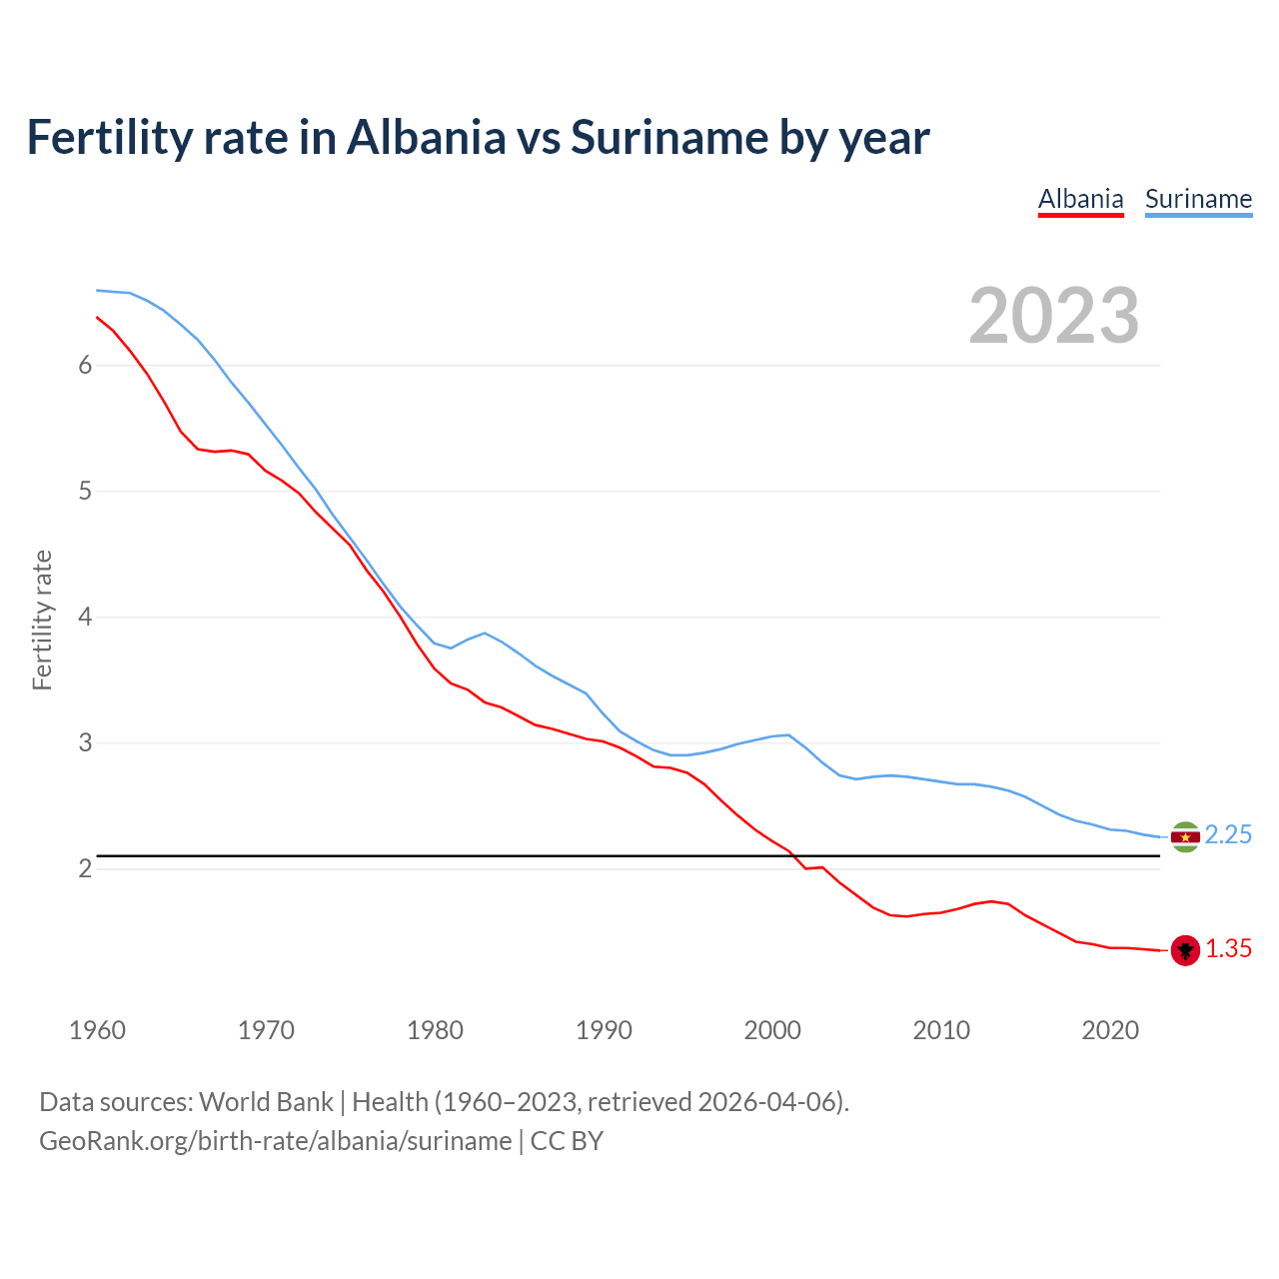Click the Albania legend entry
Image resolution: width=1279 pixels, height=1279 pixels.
(1080, 199)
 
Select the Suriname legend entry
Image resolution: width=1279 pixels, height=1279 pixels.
(1198, 199)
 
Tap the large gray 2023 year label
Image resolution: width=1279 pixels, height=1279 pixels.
(1054, 316)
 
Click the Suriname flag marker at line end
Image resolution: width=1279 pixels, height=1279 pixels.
(1185, 836)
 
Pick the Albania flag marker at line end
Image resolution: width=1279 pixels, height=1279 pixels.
(1185, 950)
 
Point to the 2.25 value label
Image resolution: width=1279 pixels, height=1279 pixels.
(1228, 835)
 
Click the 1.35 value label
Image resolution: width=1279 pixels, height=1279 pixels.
(1228, 949)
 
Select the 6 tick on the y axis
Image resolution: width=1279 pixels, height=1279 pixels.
(85, 366)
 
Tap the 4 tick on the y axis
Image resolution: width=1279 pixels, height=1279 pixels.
(85, 618)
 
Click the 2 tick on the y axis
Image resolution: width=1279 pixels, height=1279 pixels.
(85, 869)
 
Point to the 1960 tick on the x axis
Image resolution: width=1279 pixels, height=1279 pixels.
(97, 1030)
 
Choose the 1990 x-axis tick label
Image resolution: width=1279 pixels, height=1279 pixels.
(604, 1030)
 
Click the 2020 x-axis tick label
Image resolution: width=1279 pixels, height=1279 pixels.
(1110, 1030)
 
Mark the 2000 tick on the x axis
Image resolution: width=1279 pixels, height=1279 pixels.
(772, 1030)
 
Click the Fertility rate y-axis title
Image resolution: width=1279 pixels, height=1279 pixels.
(42, 620)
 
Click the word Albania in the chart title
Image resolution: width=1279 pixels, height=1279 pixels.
(427, 138)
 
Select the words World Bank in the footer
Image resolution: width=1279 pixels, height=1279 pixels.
(266, 1102)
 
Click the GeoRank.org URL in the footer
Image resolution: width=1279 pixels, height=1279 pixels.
(275, 1141)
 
